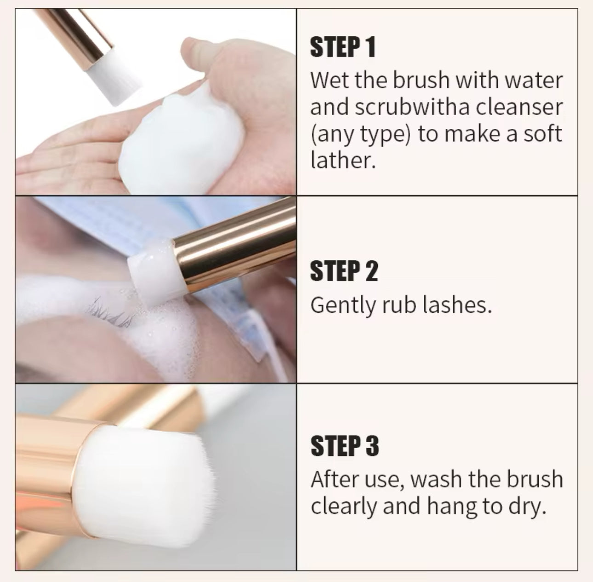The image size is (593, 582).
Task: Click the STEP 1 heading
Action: click(343, 47)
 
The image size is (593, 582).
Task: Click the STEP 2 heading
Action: click(344, 271)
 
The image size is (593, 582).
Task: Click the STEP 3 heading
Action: click(345, 446)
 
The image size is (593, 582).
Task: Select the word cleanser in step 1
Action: click(519, 108)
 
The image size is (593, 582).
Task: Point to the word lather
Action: click(343, 160)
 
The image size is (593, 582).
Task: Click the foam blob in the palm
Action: click(182, 138)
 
